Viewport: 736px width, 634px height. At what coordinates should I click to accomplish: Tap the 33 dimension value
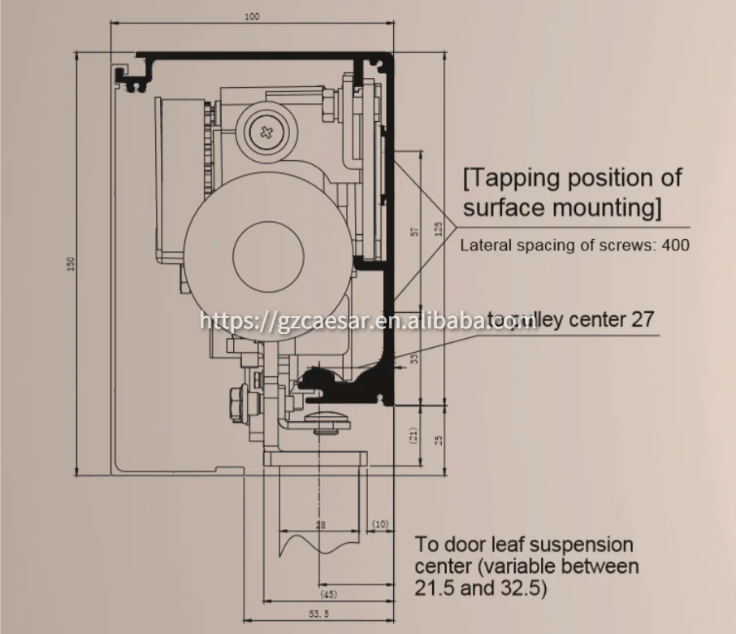click(x=414, y=358)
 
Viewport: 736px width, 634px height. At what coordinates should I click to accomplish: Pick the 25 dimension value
click(x=439, y=440)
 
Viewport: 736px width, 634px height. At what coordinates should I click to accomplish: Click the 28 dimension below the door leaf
click(x=320, y=526)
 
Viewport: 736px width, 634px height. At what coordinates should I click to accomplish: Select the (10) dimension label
click(x=380, y=526)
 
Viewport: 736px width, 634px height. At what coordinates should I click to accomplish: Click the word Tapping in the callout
click(x=518, y=178)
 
